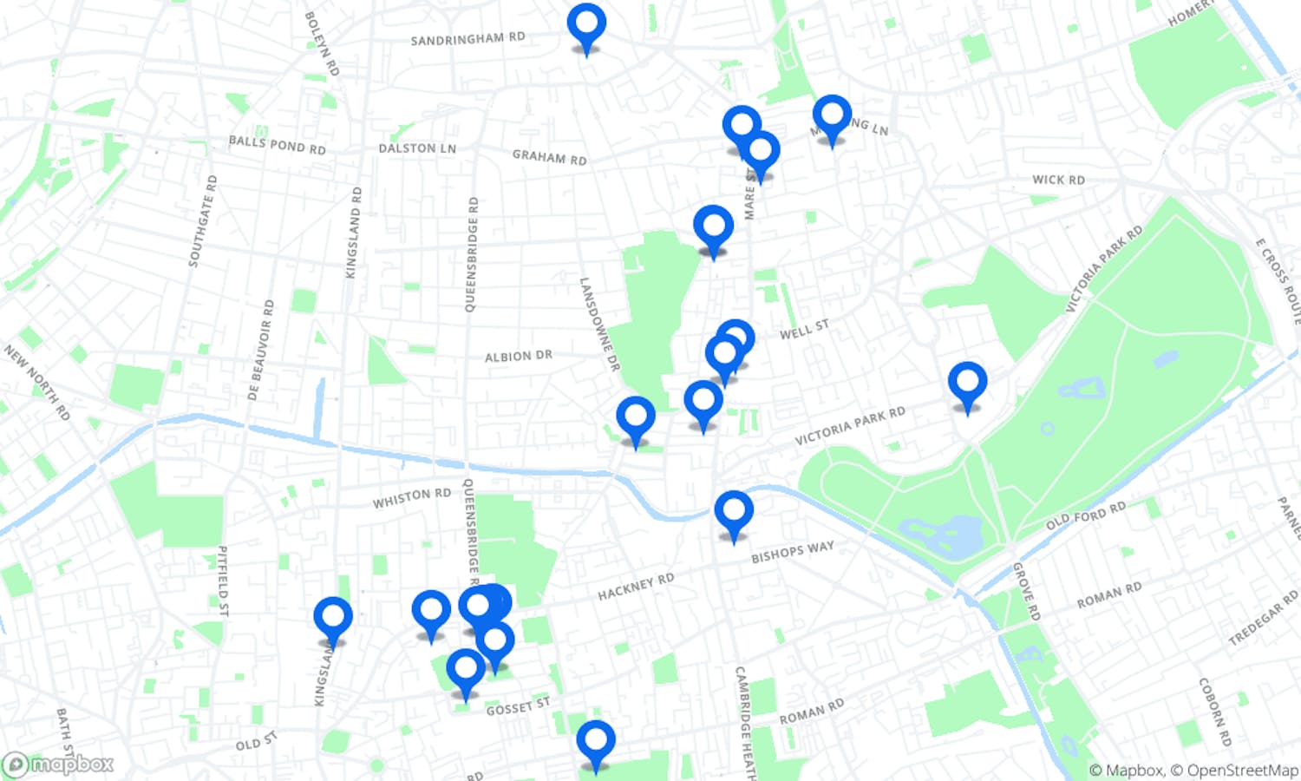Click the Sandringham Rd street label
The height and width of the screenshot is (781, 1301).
click(467, 39)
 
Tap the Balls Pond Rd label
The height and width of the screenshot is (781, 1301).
click(277, 145)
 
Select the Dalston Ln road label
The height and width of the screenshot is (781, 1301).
click(417, 148)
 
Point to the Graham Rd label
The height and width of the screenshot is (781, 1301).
click(549, 157)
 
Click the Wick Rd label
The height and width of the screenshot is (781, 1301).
click(1058, 180)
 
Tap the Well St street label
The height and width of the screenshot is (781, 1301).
click(804, 330)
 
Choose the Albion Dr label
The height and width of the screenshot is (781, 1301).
click(518, 356)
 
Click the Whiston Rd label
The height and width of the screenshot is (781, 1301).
click(412, 498)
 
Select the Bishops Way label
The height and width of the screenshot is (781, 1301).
click(792, 552)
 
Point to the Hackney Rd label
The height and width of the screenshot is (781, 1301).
click(636, 587)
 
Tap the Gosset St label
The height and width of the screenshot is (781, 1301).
click(518, 707)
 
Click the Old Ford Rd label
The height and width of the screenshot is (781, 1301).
click(1085, 515)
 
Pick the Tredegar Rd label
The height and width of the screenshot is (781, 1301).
click(1263, 618)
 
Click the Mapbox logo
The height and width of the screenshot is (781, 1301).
click(58, 765)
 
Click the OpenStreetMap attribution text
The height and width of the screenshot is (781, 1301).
click(1242, 770)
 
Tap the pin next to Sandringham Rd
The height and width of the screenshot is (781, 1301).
click(586, 24)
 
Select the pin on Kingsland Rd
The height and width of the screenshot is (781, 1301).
click(333, 618)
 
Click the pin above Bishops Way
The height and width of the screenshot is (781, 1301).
click(734, 512)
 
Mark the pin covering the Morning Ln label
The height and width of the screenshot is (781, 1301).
click(832, 116)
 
